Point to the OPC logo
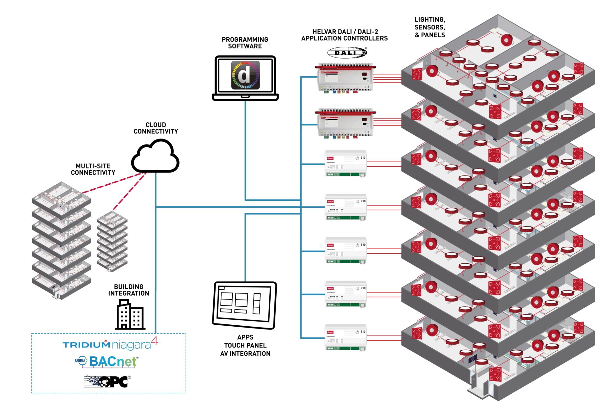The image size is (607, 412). [107, 381]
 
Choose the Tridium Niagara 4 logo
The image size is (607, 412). [110, 344]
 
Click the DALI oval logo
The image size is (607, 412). [347, 52]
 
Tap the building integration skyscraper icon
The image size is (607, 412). [130, 315]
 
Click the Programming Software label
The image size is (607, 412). [245, 43]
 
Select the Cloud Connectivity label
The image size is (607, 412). [156, 128]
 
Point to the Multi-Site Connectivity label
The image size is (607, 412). [93, 169]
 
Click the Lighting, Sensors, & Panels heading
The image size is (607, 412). [430, 28]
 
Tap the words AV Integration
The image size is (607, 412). [245, 354]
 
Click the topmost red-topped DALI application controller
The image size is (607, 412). [346, 77]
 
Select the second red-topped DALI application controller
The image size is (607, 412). [346, 123]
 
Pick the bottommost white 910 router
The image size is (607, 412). [346, 337]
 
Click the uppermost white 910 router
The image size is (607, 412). [346, 163]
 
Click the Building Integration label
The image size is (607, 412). [128, 290]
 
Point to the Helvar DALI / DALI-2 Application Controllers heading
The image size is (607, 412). [345, 35]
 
